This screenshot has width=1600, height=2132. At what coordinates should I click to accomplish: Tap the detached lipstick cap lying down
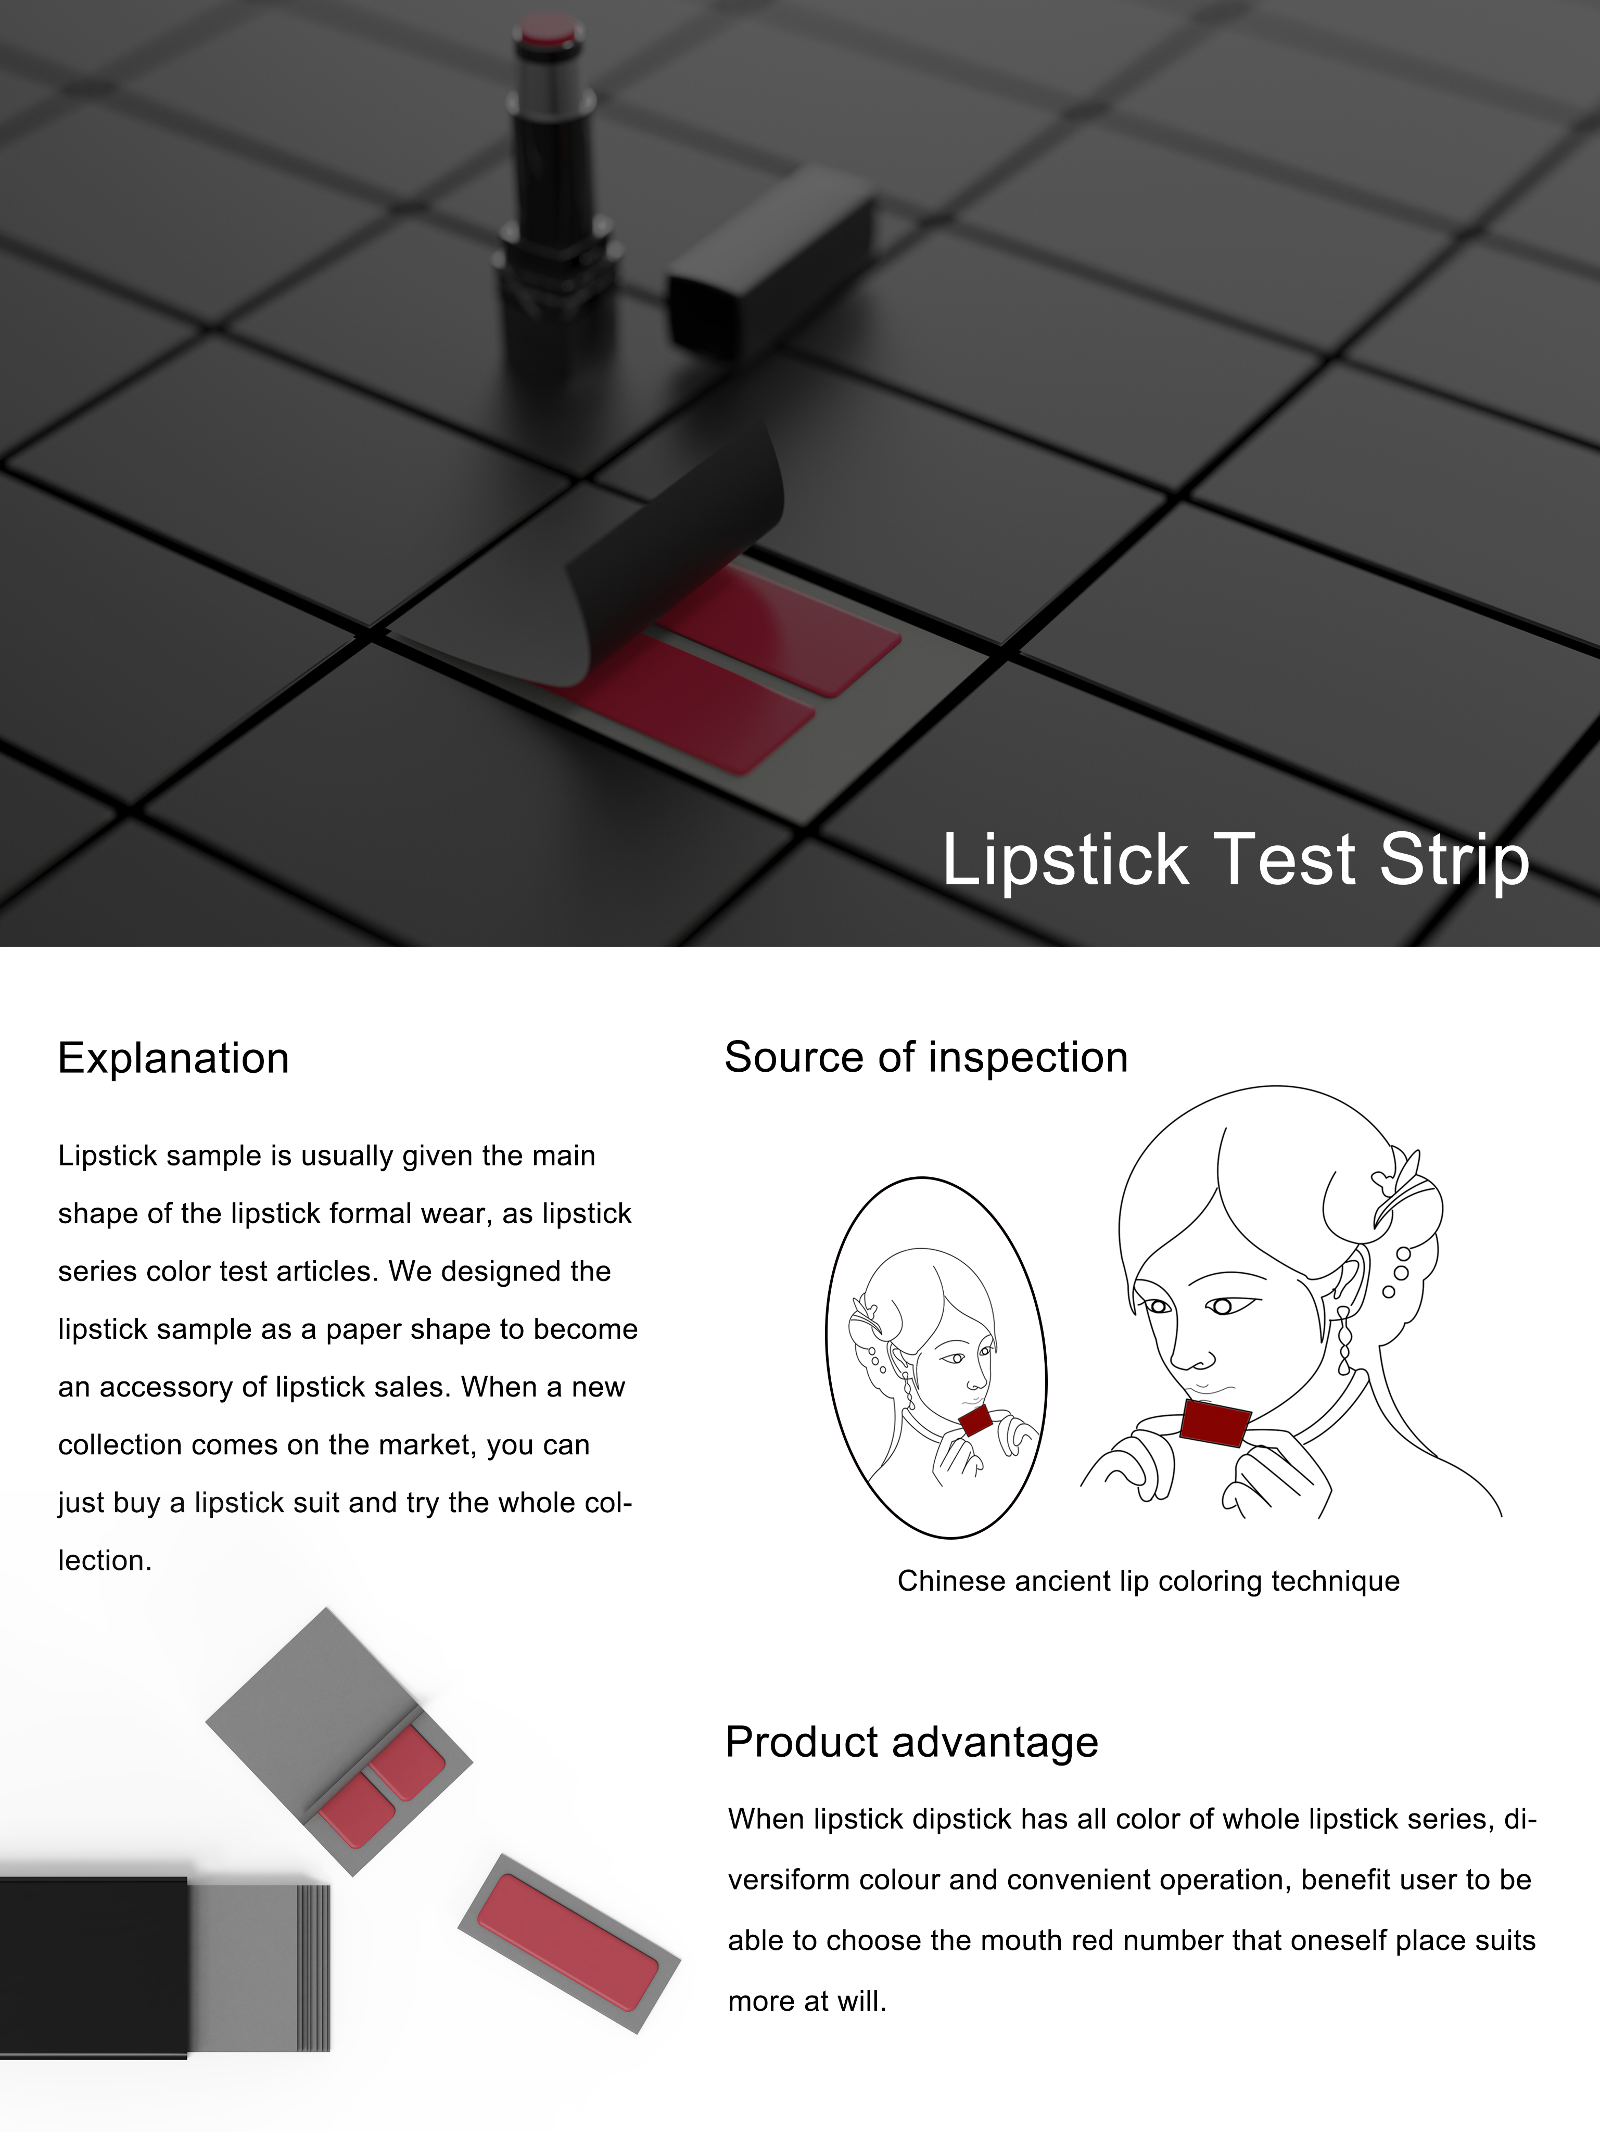point(771,260)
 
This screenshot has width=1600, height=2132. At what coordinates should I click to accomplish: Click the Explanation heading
point(173,1058)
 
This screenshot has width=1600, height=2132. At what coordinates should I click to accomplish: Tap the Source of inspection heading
point(925,1057)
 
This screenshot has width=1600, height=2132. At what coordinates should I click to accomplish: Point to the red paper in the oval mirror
point(975,1420)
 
